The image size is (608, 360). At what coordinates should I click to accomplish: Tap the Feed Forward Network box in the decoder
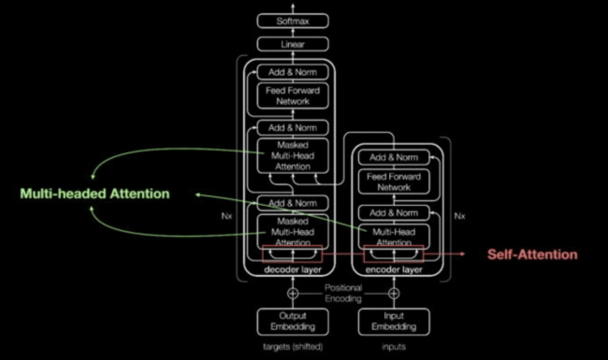291,95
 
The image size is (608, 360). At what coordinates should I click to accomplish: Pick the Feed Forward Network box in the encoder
393,181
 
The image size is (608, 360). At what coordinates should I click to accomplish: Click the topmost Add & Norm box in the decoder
291,71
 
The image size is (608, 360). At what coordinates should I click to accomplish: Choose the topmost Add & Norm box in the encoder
393,157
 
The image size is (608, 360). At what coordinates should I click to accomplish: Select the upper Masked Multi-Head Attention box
291,155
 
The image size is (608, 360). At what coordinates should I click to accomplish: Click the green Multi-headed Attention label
95,194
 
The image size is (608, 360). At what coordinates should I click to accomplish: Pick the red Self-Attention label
532,254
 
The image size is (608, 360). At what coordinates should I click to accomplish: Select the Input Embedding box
393,321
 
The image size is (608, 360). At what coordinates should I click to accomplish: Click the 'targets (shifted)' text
291,348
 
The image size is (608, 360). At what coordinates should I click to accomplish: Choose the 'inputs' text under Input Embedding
393,348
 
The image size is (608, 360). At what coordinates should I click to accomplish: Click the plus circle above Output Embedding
291,293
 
